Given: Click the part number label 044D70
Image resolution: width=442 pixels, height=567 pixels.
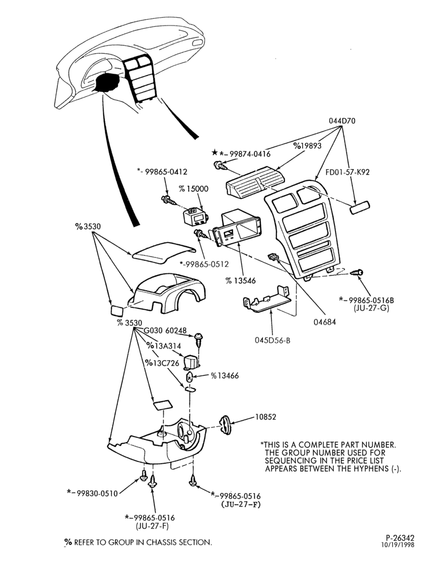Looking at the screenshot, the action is tap(342, 121).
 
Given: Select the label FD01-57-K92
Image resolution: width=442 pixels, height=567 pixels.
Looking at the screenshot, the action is tap(347, 172).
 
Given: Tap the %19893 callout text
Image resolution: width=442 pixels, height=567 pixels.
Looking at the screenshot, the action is tap(308, 146).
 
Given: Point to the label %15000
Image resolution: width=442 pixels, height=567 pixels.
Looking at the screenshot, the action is tap(194, 189).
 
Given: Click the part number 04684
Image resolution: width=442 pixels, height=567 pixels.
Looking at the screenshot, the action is tap(325, 321).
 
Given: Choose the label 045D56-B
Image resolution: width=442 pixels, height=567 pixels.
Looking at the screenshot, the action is tap(273, 340).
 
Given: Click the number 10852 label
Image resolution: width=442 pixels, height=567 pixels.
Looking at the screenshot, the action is tap(265, 417).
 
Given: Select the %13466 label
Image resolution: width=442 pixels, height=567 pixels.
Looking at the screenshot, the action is tap(225, 376).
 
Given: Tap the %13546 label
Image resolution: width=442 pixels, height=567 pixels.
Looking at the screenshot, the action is tap(240, 281).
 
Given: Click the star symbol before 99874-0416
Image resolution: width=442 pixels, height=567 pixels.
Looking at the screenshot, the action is tap(215, 152).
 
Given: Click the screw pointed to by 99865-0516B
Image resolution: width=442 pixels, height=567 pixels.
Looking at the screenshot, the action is tap(356, 272).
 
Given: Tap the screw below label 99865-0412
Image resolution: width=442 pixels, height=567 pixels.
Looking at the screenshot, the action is tap(168, 199).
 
